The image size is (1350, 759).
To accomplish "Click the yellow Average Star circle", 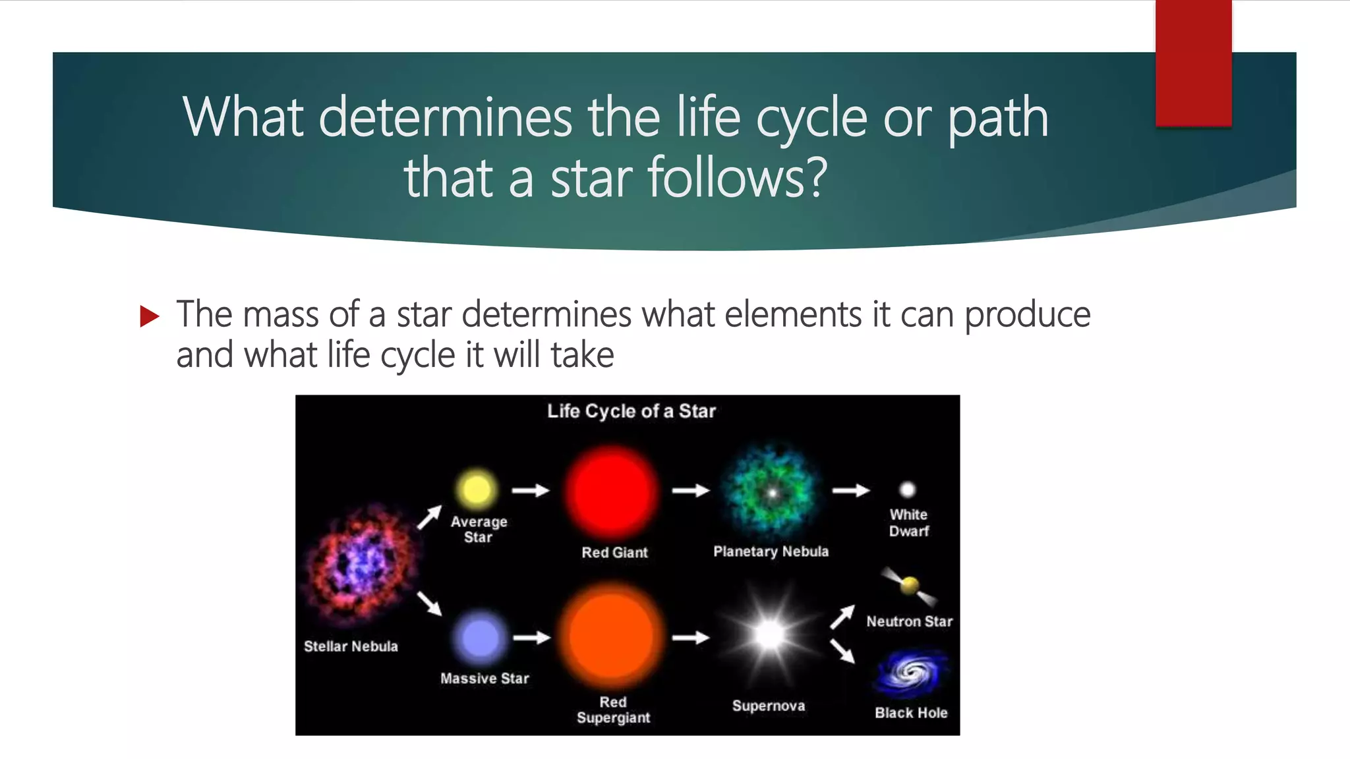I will tap(477, 490).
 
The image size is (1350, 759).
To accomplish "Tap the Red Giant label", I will tap(614, 553).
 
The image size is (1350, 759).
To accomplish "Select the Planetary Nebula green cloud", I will tap(771, 492).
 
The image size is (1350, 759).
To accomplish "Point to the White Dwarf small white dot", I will tap(908, 490).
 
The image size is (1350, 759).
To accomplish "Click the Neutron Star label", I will tap(909, 621).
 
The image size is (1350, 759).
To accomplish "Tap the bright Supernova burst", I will tap(769, 635).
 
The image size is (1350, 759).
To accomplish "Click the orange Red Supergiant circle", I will tap(611, 636).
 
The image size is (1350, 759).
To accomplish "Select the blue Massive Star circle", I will tap(480, 638).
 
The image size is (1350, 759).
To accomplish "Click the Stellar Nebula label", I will tap(351, 646).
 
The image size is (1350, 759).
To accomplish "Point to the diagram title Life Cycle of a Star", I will tap(631, 411).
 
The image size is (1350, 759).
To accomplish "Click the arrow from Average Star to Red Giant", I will tap(531, 490).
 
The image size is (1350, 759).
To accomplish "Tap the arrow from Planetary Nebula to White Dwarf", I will tap(850, 490).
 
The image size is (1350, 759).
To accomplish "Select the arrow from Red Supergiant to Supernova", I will tap(690, 638).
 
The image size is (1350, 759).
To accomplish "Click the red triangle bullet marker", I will tap(150, 316).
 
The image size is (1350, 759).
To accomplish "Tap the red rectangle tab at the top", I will tap(1193, 63).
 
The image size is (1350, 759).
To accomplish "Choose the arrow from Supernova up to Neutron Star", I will tap(842, 617).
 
